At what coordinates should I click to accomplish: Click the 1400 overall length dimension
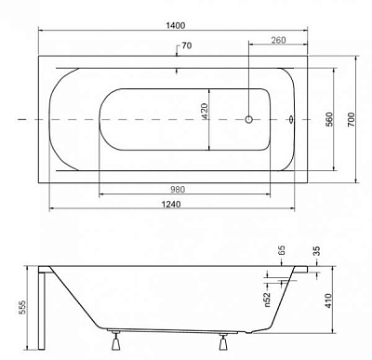[176, 25]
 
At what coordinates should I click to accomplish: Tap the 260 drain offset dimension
[278, 40]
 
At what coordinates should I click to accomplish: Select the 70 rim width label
[187, 46]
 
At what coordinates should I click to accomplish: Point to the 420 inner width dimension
[205, 112]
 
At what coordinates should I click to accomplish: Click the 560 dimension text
[329, 119]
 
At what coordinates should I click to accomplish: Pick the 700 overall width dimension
[351, 119]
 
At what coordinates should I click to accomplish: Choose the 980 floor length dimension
[178, 190]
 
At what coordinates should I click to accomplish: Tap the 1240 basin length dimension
[171, 205]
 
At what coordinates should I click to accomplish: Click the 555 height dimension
[22, 308]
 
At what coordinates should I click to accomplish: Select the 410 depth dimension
[328, 300]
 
